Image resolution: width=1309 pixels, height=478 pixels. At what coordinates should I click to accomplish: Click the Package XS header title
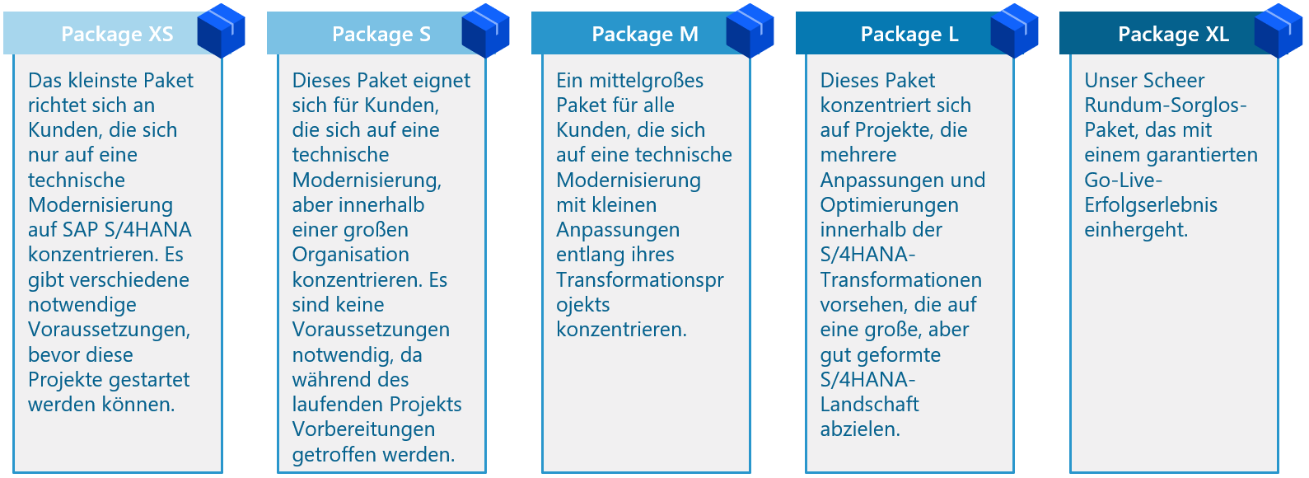(x=117, y=34)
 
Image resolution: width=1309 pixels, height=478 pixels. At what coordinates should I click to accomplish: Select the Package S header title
(x=381, y=34)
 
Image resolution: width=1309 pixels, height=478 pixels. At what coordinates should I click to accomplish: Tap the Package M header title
(x=644, y=34)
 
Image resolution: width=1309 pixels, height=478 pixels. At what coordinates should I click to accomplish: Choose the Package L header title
(x=909, y=34)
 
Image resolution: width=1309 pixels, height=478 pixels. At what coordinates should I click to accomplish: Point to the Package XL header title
(x=1173, y=34)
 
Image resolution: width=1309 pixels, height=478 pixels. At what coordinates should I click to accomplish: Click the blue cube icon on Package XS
(x=221, y=30)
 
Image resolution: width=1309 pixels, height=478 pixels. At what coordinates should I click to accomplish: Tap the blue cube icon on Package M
(x=750, y=30)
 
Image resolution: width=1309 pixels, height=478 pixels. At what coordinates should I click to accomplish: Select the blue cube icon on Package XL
(x=1279, y=30)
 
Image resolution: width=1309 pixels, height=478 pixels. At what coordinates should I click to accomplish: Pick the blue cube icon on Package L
(x=1014, y=30)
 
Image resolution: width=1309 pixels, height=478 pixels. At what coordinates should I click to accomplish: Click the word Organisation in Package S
(x=351, y=255)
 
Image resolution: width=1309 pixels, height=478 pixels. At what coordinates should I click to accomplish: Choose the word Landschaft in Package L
(x=869, y=405)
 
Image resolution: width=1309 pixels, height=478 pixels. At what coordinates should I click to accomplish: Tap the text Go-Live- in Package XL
(x=1123, y=180)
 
